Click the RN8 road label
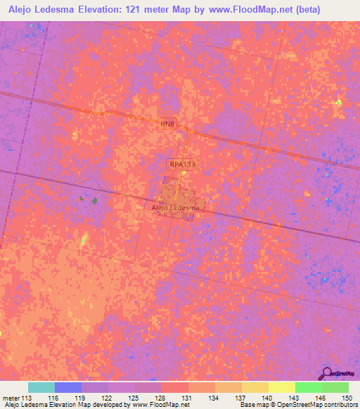(x=167, y=124)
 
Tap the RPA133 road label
(x=181, y=164)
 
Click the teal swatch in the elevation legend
(x=41, y=387)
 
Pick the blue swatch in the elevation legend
(x=68, y=387)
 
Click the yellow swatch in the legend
(x=282, y=387)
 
